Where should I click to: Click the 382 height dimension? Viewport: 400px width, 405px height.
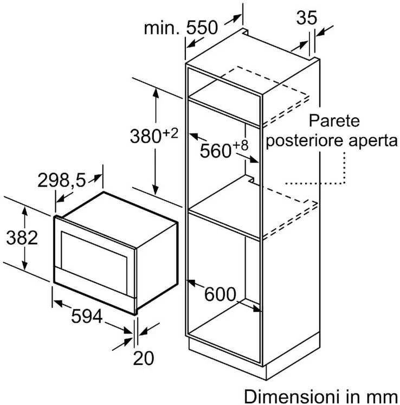pos(22,238)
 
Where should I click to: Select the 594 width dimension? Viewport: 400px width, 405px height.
pos(87,316)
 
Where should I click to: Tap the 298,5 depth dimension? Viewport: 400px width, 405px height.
pos(61,180)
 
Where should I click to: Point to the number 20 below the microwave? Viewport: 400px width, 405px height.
pos(144,358)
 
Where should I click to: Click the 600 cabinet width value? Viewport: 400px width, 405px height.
pos(220,294)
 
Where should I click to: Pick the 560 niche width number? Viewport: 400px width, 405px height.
pos(215,151)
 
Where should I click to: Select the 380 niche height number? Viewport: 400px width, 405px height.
pos(146,136)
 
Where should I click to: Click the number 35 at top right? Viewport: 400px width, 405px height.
pos(307,18)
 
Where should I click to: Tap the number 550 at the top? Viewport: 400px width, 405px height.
pos(202,28)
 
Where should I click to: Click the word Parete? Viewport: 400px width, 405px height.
pos(334,120)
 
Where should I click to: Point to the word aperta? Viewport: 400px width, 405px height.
pos(373,142)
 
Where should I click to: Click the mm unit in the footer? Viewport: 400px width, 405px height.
pos(385,398)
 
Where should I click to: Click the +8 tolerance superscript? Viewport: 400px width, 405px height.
pos(241,145)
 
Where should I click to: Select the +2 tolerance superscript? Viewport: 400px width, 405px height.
pos(170,133)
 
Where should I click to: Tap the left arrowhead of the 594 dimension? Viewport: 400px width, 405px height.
pos(57,303)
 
